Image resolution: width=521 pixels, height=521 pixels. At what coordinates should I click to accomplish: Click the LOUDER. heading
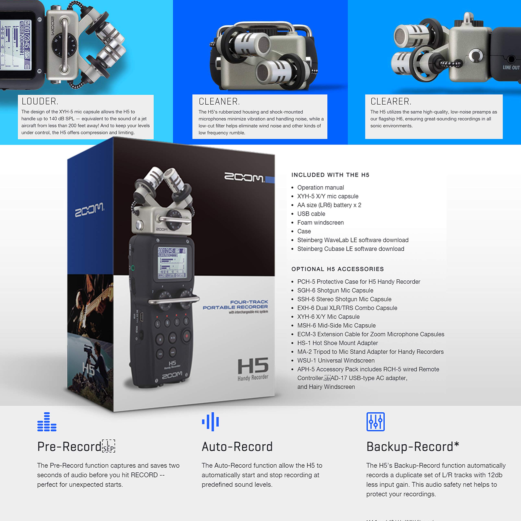(40, 101)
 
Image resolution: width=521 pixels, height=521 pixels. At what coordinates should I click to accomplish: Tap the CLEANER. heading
(219, 101)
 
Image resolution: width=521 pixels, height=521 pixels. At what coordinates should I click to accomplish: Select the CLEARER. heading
(391, 101)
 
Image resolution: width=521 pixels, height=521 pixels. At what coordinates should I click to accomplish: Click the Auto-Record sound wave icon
(211, 421)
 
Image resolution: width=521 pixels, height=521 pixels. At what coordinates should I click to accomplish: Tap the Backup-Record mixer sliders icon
(375, 421)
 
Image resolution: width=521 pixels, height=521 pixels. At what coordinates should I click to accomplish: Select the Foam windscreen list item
(320, 222)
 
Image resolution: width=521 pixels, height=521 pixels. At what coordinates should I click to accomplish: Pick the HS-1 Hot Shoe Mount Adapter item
(337, 343)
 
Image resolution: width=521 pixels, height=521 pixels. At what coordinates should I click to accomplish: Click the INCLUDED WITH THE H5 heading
(330, 175)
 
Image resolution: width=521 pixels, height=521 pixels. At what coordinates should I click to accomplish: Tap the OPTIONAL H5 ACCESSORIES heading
(337, 269)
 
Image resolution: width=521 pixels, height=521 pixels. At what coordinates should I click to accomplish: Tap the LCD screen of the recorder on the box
(172, 263)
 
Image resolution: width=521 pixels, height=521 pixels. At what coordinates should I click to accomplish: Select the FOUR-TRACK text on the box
(249, 302)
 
